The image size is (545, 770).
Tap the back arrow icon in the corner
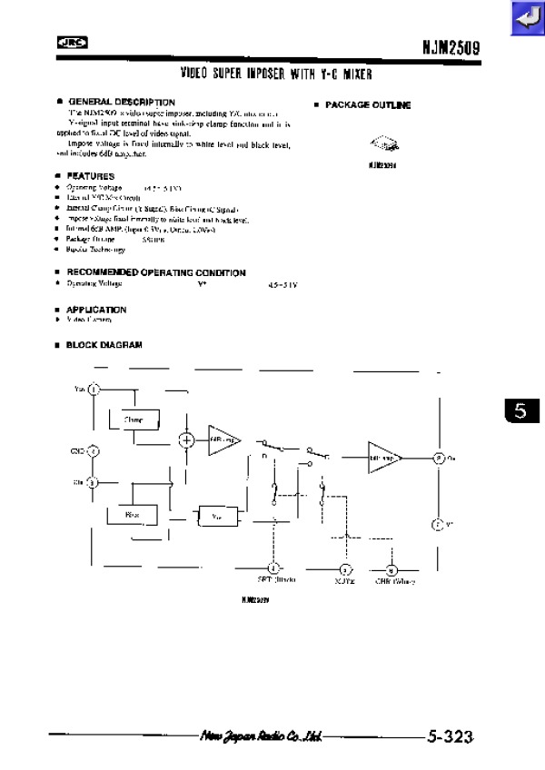(525, 19)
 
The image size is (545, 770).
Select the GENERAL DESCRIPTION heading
(119, 102)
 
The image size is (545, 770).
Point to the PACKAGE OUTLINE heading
(367, 105)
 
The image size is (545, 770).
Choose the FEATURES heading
(90, 175)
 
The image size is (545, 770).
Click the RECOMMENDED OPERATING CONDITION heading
(155, 272)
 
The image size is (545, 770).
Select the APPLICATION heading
(96, 310)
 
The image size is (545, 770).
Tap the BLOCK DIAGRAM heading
(104, 345)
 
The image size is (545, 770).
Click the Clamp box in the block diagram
(134, 420)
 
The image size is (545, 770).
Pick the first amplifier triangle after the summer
(223, 439)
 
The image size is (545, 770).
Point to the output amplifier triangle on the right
(383, 458)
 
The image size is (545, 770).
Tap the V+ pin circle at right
(437, 525)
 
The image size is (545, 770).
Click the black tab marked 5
(520, 411)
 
